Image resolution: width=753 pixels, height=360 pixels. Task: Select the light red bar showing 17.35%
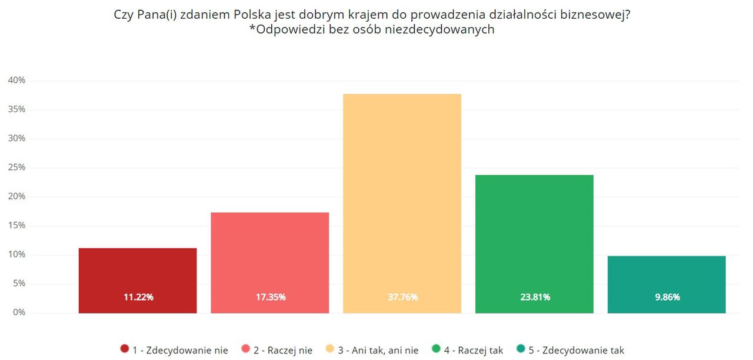click(270, 259)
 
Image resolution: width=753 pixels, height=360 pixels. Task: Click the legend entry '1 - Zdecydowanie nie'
click(174, 350)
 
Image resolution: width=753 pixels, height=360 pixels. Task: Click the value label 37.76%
click(402, 297)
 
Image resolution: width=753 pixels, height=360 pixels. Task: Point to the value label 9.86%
click(667, 297)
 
